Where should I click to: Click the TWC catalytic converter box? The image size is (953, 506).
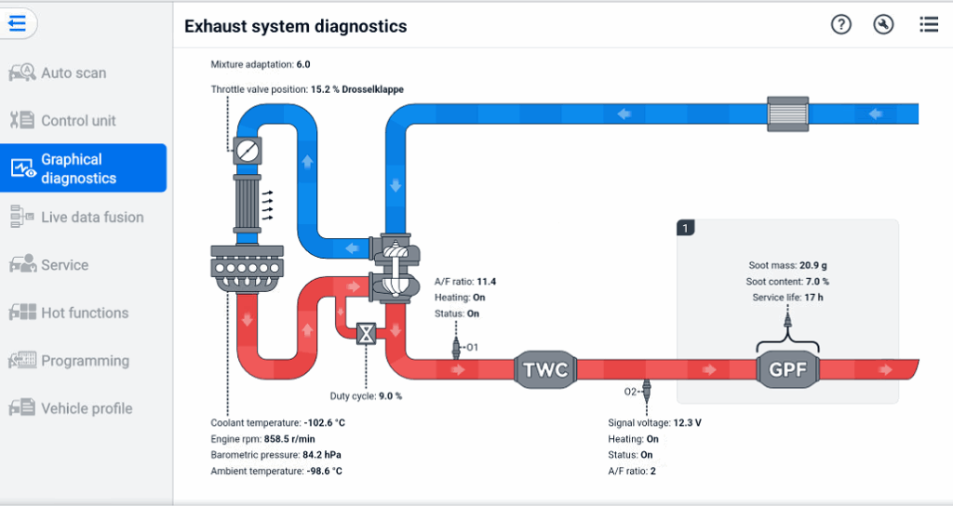pyautogui.click(x=545, y=369)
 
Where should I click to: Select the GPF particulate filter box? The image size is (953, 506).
pyautogui.click(x=787, y=369)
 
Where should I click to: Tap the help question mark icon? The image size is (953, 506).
pyautogui.click(x=841, y=25)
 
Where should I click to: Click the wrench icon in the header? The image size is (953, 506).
pyautogui.click(x=884, y=25)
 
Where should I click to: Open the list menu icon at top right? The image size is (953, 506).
pyautogui.click(x=928, y=25)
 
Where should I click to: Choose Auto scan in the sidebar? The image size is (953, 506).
pyautogui.click(x=73, y=73)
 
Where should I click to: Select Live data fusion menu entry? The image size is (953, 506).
pyautogui.click(x=91, y=217)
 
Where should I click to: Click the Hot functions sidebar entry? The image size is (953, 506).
pyautogui.click(x=84, y=313)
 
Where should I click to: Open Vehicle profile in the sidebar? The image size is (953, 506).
pyautogui.click(x=86, y=408)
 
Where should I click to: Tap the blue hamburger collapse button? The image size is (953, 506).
pyautogui.click(x=18, y=23)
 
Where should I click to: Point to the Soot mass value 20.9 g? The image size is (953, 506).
pyautogui.click(x=812, y=265)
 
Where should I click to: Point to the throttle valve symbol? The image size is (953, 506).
pyautogui.click(x=248, y=150)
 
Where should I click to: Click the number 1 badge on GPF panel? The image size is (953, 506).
pyautogui.click(x=686, y=227)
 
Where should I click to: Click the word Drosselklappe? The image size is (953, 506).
pyautogui.click(x=372, y=89)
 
